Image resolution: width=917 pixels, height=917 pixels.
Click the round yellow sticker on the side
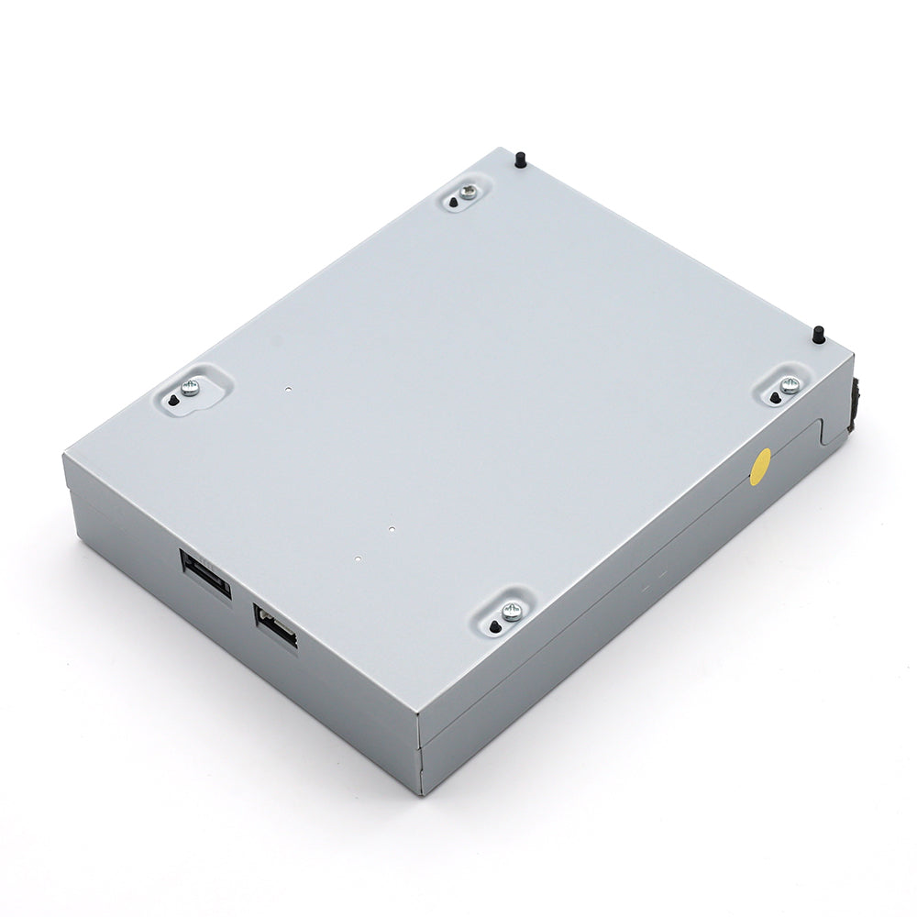click(760, 467)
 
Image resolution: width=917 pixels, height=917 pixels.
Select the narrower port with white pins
click(276, 627)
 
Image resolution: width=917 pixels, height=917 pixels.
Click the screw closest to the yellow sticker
click(790, 385)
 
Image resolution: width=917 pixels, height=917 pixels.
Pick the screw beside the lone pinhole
click(190, 388)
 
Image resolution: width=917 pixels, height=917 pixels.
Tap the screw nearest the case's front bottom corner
click(512, 611)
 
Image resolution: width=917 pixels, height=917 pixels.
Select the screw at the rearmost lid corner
click(469, 192)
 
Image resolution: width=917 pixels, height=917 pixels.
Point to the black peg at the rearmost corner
click(520, 160)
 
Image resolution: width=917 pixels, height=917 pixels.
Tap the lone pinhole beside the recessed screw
click(288, 388)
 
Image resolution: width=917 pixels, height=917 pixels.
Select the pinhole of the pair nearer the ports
click(358, 558)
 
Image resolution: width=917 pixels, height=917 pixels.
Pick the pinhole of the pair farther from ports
click(391, 529)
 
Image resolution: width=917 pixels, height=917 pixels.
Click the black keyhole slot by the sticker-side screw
click(775, 397)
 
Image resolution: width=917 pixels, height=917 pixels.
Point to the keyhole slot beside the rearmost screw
click(454, 202)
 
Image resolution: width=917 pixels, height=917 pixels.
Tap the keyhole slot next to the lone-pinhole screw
click(172, 401)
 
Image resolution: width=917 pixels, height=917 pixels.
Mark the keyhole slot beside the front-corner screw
click(495, 626)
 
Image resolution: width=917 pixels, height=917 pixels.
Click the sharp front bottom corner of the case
click(421, 792)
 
